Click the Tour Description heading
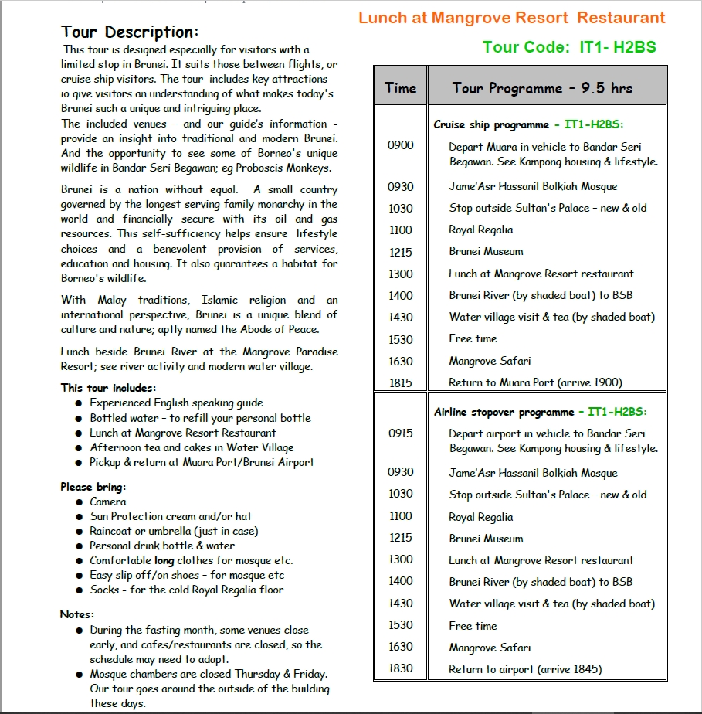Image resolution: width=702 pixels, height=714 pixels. click(130, 32)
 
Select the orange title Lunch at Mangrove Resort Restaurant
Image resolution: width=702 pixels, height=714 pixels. click(511, 18)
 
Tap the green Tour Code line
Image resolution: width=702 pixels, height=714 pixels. click(569, 47)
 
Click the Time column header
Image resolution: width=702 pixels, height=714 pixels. click(400, 88)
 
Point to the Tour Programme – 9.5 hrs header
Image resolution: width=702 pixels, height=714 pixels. click(542, 88)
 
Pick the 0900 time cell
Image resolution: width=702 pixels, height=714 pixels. click(400, 145)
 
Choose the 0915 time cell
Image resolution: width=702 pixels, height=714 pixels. click(400, 433)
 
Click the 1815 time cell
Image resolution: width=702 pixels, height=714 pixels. click(400, 382)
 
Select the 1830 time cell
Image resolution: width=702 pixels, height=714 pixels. click(400, 669)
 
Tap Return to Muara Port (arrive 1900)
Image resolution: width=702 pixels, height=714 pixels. click(535, 382)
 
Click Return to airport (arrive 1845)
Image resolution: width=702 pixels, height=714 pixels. click(525, 669)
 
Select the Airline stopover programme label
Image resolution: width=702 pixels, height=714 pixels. click(504, 413)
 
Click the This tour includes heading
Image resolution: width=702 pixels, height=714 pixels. click(108, 388)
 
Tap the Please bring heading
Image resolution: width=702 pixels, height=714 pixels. click(93, 487)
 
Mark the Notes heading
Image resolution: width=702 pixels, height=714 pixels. click(77, 614)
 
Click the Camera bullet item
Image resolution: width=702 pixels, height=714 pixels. click(107, 501)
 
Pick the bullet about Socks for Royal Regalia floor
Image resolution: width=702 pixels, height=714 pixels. click(186, 590)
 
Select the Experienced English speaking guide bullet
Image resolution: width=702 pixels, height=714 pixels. click(176, 403)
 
